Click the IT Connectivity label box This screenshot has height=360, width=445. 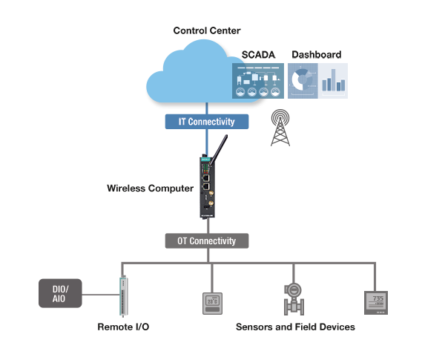click(207, 122)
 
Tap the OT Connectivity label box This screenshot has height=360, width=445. click(206, 241)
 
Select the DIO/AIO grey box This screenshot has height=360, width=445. click(60, 292)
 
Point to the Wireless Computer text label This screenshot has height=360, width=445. click(151, 189)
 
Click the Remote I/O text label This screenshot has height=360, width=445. click(123, 327)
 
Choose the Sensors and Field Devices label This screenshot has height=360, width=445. click(295, 327)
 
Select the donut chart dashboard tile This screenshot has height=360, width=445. click(303, 80)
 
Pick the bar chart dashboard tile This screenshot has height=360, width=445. click(334, 80)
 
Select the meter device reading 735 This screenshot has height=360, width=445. click(376, 302)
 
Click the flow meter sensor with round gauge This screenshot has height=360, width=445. click(294, 298)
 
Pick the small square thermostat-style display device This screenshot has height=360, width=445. click(213, 304)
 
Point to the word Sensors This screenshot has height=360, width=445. click(252, 327)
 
